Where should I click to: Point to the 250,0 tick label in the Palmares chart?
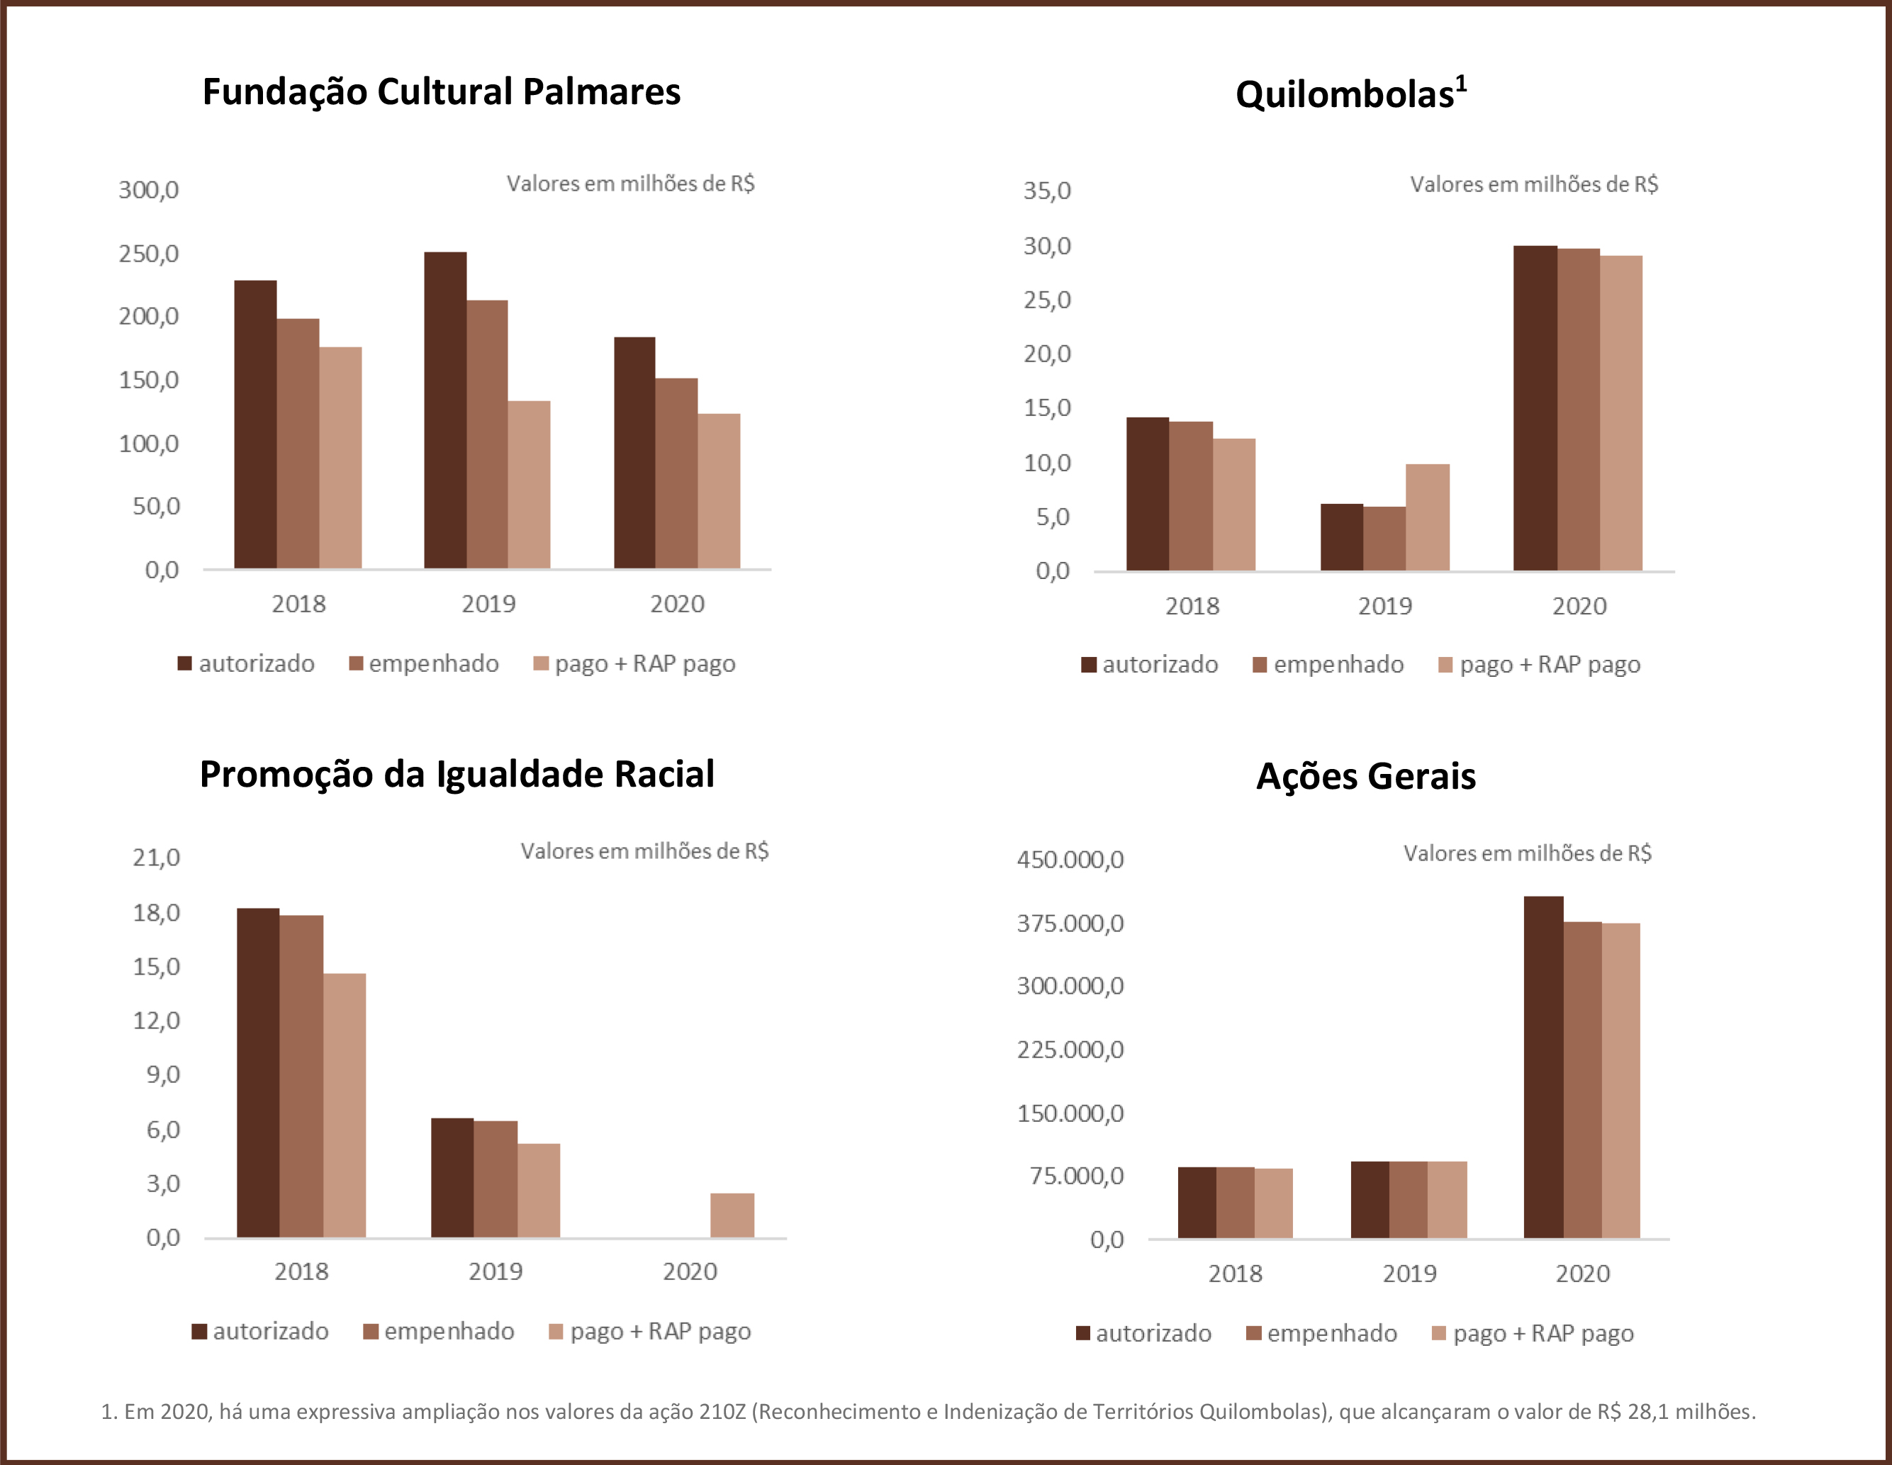(x=149, y=254)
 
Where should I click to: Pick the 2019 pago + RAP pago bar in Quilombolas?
(x=1427, y=517)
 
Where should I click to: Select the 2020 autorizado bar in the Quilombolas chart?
(x=1535, y=408)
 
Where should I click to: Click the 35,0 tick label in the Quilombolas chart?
(x=1047, y=191)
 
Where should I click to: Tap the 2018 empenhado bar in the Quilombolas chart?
(x=1190, y=495)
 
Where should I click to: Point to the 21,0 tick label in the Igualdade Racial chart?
(x=157, y=858)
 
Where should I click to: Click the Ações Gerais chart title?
(x=1365, y=776)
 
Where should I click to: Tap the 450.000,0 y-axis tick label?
(x=1070, y=860)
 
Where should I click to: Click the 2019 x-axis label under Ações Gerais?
(x=1409, y=1274)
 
